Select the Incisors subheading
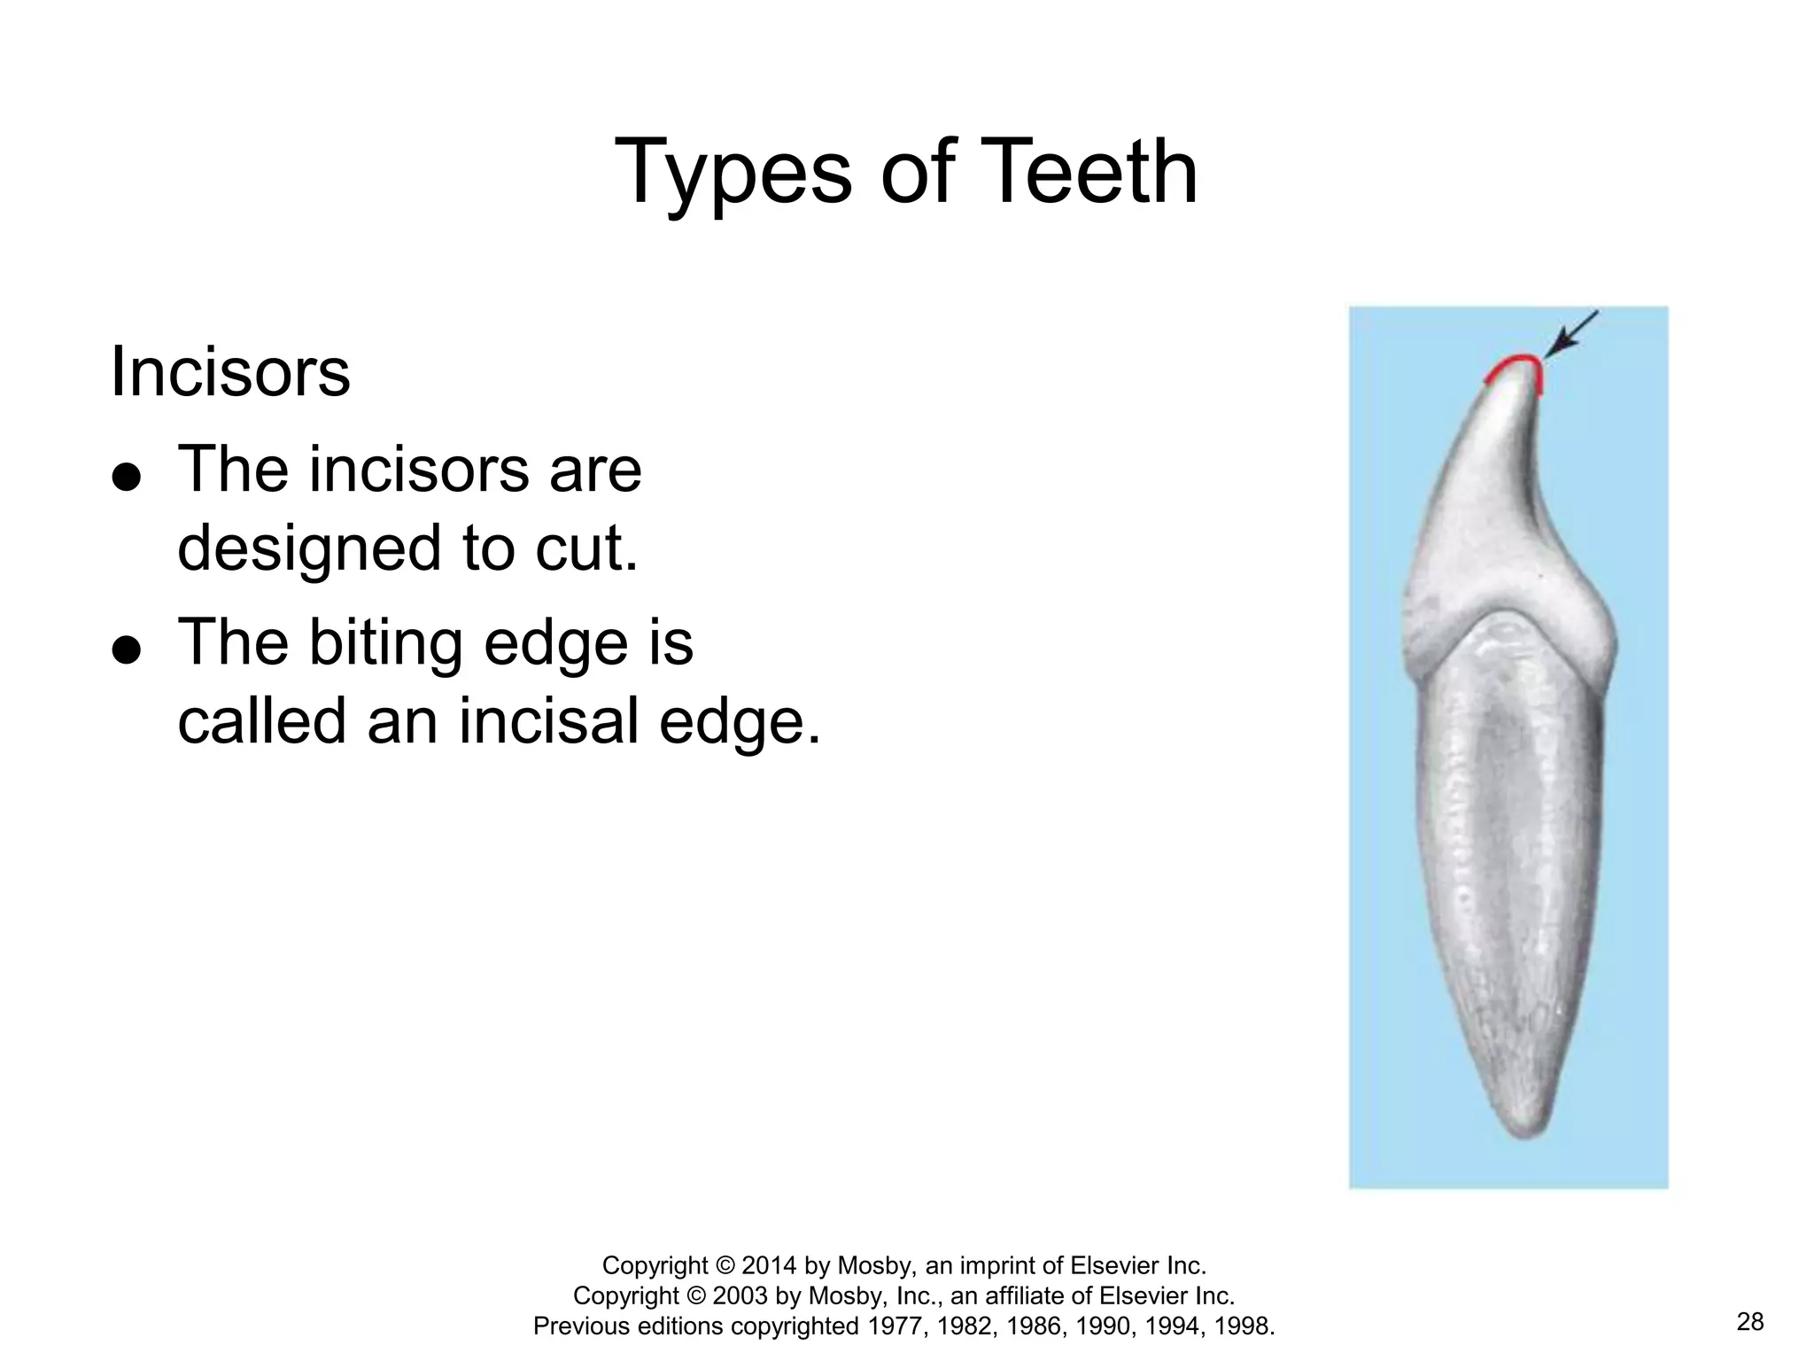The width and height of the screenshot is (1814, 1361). (230, 373)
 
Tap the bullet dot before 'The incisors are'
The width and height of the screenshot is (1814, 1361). (127, 477)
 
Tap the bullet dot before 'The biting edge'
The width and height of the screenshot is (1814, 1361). (127, 649)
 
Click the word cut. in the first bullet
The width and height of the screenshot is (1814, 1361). (585, 548)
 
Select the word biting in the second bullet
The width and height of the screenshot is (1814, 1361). (385, 644)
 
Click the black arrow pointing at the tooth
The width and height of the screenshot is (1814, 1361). (1572, 335)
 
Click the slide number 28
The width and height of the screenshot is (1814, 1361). (1750, 1322)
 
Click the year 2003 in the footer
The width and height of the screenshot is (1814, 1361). (741, 1295)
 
